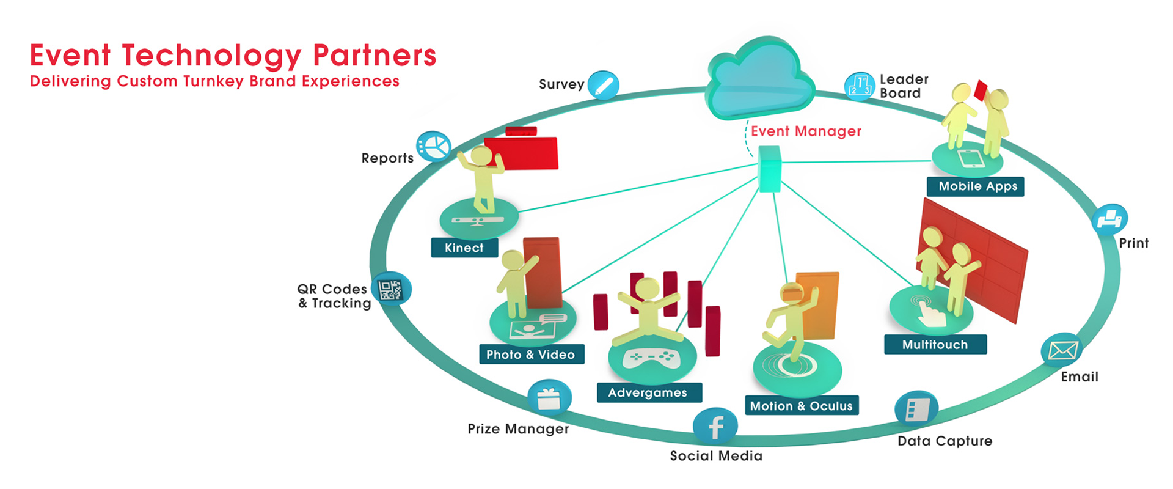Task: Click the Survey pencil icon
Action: pos(604,86)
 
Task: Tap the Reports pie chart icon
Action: pos(434,147)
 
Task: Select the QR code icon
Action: pos(391,289)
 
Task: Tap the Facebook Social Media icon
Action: pos(715,426)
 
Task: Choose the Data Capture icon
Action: pos(916,409)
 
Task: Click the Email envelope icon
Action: pos(1062,350)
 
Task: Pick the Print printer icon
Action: pos(1109,219)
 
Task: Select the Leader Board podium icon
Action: pos(860,86)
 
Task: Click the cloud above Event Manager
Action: pos(760,79)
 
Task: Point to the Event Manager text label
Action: pos(806,131)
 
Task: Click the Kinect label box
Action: pos(464,248)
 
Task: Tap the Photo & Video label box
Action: pos(531,355)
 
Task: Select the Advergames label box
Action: pos(648,393)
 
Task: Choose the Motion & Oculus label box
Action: pos(801,406)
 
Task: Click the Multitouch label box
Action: pos(935,345)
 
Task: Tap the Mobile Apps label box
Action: pos(977,186)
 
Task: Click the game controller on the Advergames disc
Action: pos(652,358)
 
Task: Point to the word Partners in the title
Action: pos(375,56)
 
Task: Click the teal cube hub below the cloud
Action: pos(769,169)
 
